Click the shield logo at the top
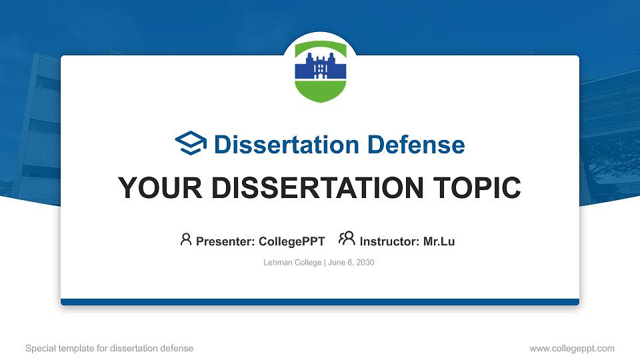point(320,71)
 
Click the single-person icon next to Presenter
point(186,239)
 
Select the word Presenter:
point(225,241)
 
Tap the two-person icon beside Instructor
point(347,239)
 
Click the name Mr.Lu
point(439,241)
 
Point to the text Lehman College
point(293,263)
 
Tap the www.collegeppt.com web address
point(572,348)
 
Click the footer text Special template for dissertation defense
point(109,348)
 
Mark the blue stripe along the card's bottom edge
point(320,302)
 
